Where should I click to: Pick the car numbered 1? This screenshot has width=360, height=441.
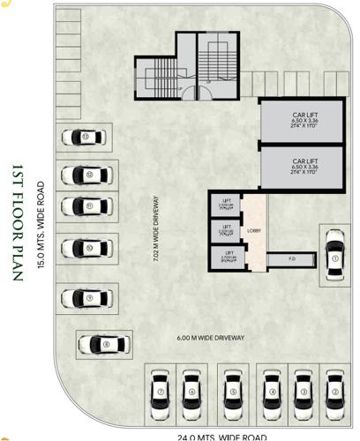[334, 258]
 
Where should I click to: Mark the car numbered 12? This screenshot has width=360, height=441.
[91, 175]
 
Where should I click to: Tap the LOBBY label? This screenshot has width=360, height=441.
[254, 231]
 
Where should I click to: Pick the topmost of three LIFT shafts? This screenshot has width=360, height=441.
[227, 205]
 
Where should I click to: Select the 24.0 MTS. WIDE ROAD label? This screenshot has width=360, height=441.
[221, 436]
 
